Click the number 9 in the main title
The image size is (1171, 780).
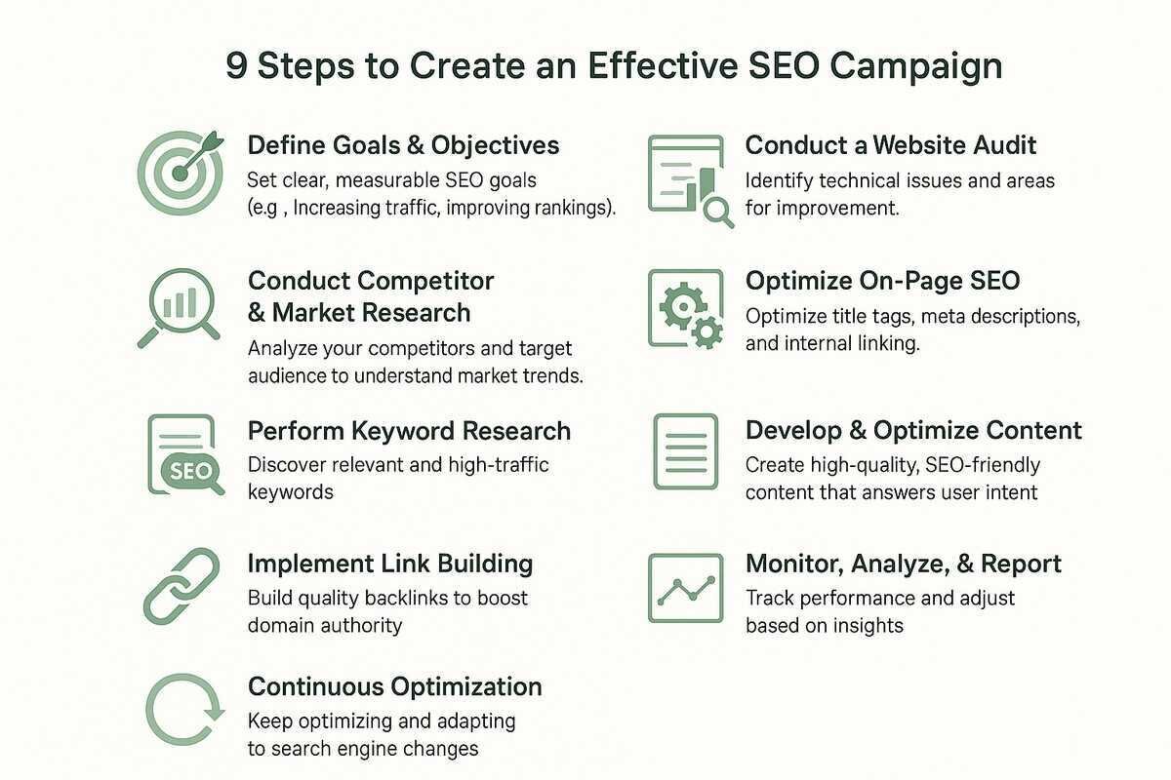coord(236,66)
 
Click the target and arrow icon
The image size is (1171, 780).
coord(181,173)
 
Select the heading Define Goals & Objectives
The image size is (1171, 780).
coord(403,145)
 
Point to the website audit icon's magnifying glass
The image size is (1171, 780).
coord(718,213)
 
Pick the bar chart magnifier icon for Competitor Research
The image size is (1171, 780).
coord(180,308)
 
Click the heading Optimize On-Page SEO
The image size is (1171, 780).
coord(882,281)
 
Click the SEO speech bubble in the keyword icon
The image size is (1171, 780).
coord(191,472)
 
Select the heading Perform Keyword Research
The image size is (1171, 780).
coord(409,432)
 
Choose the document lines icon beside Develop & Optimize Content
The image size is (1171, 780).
coord(686,451)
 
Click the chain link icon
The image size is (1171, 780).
coord(182,586)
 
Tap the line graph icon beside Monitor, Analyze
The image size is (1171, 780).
coord(686,588)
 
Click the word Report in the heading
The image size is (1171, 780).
coord(1021,565)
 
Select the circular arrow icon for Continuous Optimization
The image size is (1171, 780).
coord(184,710)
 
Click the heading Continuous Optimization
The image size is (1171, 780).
coord(394,687)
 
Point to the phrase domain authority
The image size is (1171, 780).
coord(325,626)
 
